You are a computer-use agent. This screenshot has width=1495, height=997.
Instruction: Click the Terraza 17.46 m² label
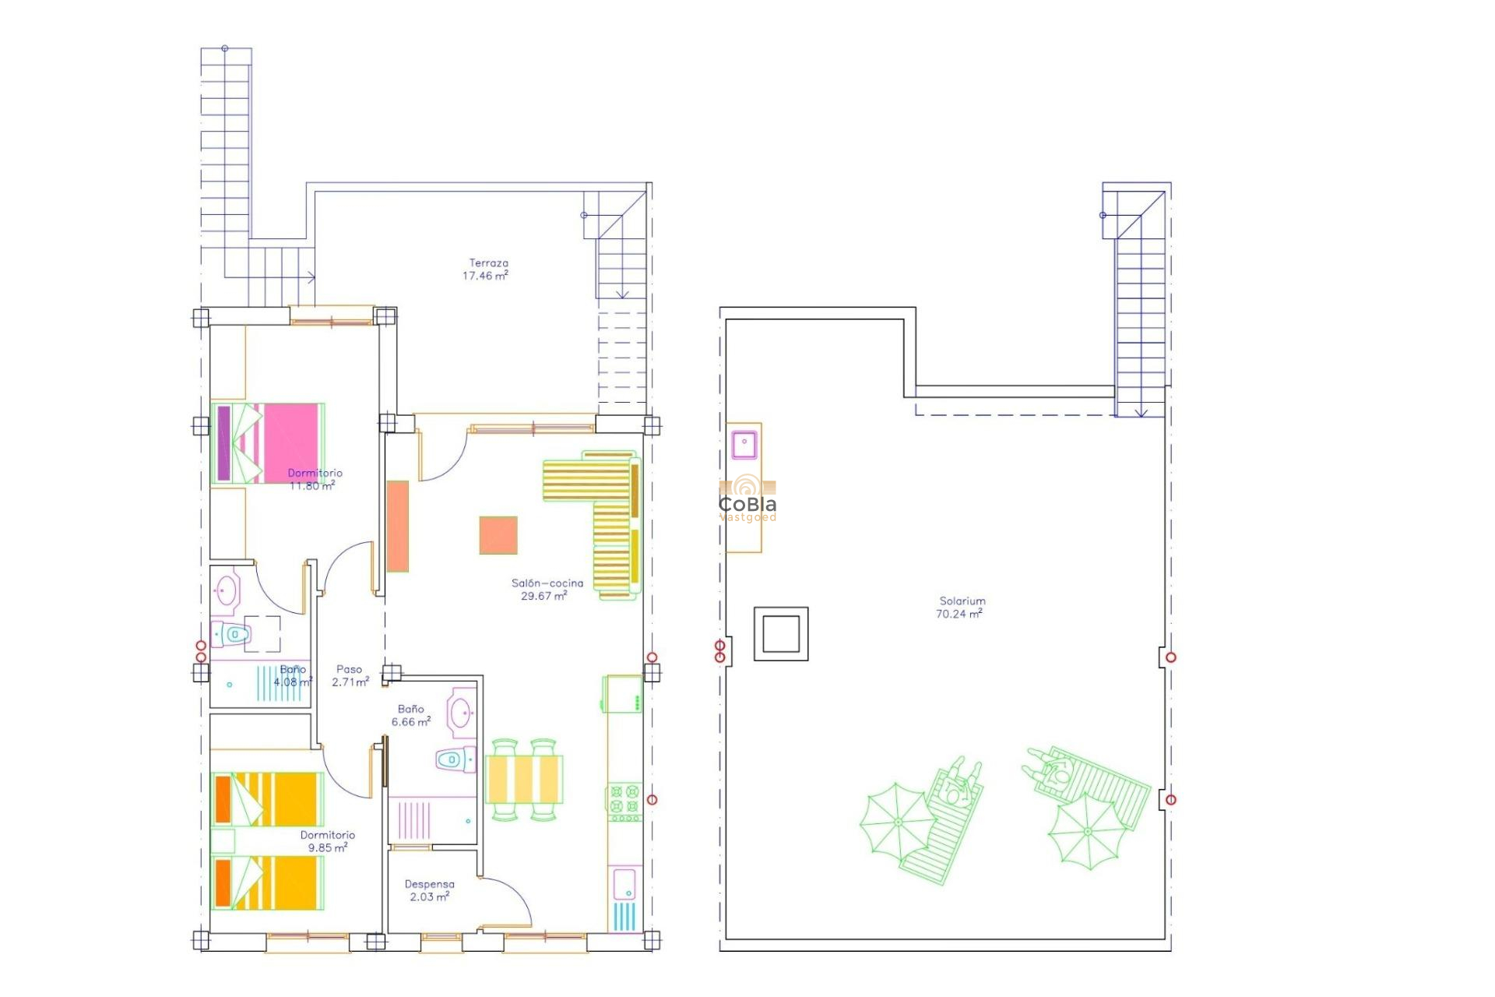(487, 270)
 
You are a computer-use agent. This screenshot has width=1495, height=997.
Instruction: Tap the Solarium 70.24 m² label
(961, 608)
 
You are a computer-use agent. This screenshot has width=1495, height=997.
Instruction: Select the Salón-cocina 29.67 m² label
(546, 590)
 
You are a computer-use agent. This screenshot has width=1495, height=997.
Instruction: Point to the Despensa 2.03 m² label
(429, 890)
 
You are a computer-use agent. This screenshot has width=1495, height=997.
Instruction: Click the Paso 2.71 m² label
(350, 675)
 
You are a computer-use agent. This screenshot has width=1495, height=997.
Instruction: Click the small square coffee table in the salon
(498, 535)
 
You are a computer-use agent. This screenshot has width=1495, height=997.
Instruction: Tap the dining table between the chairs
(524, 779)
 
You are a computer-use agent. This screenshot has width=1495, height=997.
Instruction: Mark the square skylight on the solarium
(781, 633)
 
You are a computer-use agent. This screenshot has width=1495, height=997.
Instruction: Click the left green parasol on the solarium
(897, 822)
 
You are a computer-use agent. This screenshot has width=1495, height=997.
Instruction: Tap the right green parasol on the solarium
(1088, 832)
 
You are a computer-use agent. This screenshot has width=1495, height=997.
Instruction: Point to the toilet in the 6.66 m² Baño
(455, 759)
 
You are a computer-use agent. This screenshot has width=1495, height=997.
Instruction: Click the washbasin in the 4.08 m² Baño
(227, 590)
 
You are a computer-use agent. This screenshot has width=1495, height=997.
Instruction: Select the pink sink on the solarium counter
(744, 444)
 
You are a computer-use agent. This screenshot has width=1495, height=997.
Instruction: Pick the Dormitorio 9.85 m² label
(328, 841)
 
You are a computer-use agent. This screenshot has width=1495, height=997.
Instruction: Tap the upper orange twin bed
(268, 799)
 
